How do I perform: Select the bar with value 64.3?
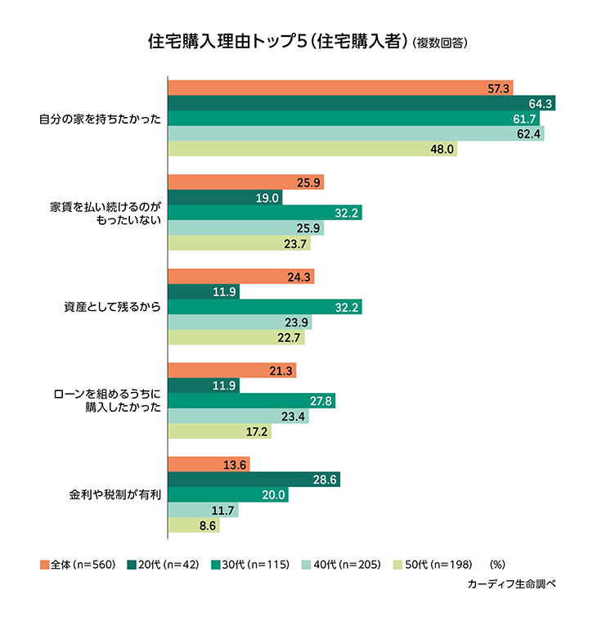click(x=361, y=103)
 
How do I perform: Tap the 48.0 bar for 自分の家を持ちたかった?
click(x=312, y=150)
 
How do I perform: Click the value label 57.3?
click(x=498, y=88)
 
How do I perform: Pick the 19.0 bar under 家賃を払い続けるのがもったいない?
click(x=225, y=197)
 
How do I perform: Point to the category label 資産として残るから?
click(x=111, y=307)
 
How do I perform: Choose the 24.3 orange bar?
click(x=240, y=277)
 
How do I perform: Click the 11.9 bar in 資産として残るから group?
click(x=204, y=291)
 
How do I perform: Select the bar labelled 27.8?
click(x=251, y=401)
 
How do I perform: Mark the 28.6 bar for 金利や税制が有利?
click(x=254, y=480)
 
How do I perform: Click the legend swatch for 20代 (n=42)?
click(x=132, y=565)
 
